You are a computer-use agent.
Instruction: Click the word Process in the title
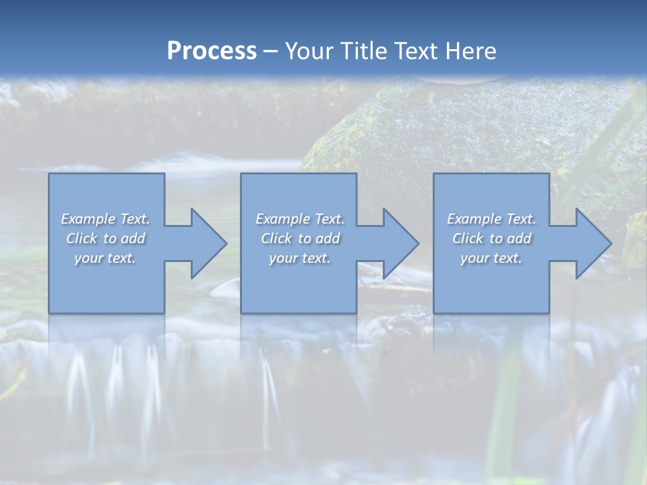[x=212, y=51]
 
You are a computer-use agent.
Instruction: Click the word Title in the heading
[x=361, y=51]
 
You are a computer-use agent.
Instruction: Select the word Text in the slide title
[x=414, y=51]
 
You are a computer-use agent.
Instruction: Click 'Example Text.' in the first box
[x=105, y=219]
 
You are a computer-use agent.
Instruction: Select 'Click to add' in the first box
[x=105, y=238]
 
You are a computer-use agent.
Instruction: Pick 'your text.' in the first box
[x=105, y=258]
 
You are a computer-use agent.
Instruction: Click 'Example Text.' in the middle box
[x=299, y=219]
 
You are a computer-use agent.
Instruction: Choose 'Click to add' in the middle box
[x=299, y=238]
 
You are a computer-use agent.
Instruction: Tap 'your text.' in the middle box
[x=299, y=258]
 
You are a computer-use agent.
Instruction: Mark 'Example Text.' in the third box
[x=491, y=219]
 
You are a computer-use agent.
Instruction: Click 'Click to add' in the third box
[x=491, y=238]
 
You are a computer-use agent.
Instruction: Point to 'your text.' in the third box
[x=491, y=258]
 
